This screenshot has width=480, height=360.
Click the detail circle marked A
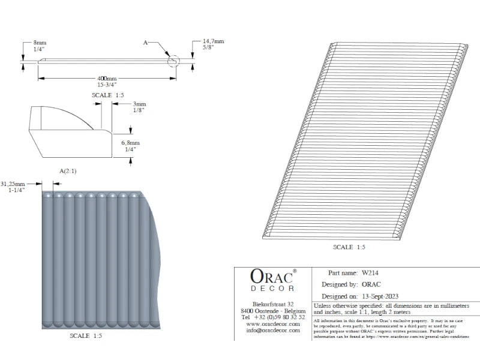(173, 61)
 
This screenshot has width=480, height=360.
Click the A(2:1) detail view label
(68, 171)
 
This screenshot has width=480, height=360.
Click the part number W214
(370, 272)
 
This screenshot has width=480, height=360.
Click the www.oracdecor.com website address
(273, 324)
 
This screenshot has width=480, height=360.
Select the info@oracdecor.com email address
(273, 331)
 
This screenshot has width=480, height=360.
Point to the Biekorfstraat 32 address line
(273, 305)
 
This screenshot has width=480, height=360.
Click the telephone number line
(273, 317)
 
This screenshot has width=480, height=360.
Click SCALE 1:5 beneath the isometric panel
(349, 247)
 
